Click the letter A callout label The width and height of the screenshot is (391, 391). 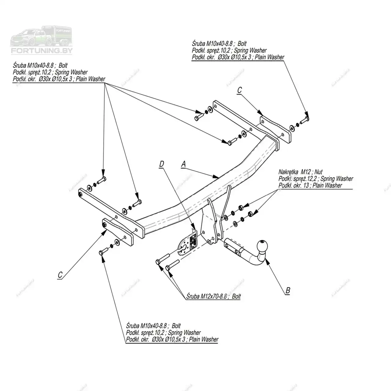click(x=183, y=164)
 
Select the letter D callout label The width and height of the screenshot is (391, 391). click(x=161, y=164)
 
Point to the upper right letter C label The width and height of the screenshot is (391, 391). click(x=239, y=90)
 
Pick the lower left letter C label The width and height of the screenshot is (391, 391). click(x=60, y=275)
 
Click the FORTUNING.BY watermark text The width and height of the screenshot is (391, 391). click(x=42, y=51)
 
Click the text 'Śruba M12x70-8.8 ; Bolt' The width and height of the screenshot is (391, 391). click(x=213, y=296)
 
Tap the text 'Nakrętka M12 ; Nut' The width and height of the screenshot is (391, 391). click(x=300, y=172)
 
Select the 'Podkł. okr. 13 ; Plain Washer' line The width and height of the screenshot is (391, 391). click(x=310, y=185)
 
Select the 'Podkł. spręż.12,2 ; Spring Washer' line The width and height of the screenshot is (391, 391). click(x=316, y=179)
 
